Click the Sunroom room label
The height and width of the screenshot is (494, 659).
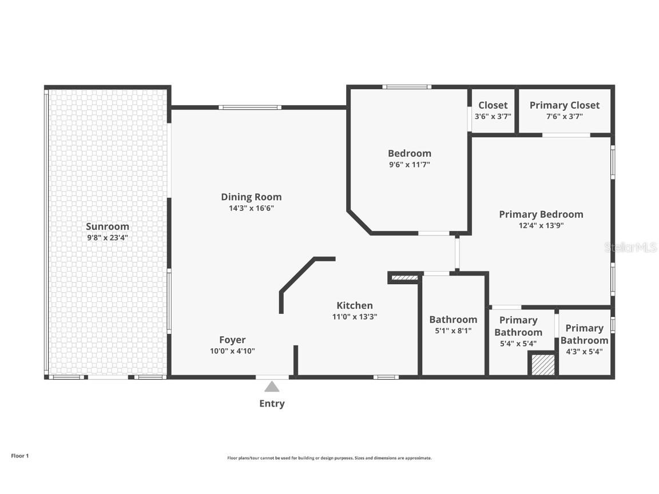[x=108, y=226]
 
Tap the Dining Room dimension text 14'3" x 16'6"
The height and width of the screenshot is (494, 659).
[x=251, y=209]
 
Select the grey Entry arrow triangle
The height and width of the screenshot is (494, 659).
[x=272, y=387]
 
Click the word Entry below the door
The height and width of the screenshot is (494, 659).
[x=272, y=404]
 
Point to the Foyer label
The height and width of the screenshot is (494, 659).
[x=232, y=340]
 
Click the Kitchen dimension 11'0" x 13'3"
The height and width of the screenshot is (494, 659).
[x=355, y=317]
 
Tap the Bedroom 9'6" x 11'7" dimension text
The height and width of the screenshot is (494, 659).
[x=409, y=165]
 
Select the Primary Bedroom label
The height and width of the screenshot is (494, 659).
[x=541, y=214]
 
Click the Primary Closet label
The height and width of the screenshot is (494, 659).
[x=564, y=105]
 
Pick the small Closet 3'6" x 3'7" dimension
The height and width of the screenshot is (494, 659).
[x=493, y=116]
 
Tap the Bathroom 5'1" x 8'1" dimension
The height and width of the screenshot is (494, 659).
[x=452, y=330]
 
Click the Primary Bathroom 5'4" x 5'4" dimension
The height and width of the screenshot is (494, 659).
[x=518, y=344]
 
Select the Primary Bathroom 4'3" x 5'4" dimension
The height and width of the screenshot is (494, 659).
[x=584, y=352]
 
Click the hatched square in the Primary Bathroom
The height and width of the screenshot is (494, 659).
[x=543, y=365]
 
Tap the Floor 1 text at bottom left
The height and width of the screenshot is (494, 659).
[x=19, y=456]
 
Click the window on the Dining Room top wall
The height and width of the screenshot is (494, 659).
[x=250, y=107]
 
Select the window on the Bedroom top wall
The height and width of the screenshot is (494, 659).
[x=407, y=87]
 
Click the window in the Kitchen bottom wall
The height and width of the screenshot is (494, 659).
[x=386, y=377]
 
